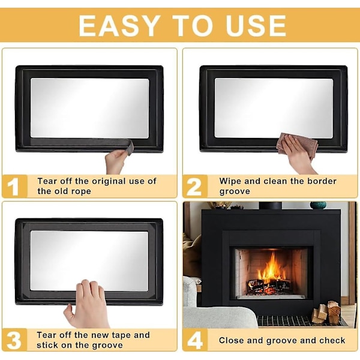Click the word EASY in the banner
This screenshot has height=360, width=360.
(119, 25)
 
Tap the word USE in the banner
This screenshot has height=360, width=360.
(256, 25)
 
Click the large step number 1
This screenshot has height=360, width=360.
(13, 187)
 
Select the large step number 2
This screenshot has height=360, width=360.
(194, 187)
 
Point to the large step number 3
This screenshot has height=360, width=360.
(14, 340)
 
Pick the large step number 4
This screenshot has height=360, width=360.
(194, 340)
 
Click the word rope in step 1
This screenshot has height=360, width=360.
(81, 192)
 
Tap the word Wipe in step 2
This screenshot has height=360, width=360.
(230, 181)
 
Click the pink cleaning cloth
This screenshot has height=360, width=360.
(298, 144)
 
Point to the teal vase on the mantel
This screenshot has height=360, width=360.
(318, 205)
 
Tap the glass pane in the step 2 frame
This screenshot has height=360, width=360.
(274, 108)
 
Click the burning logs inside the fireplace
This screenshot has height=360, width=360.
(269, 287)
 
